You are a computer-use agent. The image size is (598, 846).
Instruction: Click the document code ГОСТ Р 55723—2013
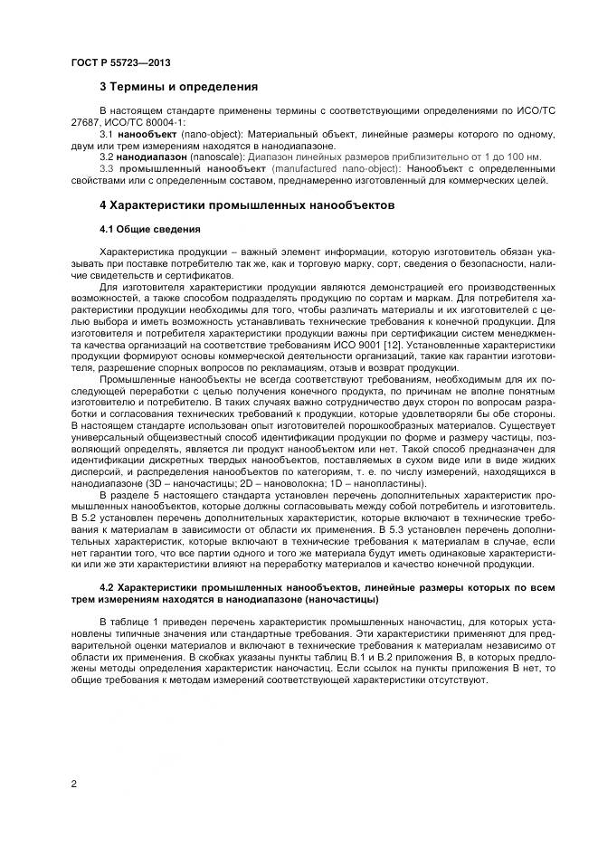coord(120,62)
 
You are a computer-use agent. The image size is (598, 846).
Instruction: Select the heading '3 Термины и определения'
coord(178,88)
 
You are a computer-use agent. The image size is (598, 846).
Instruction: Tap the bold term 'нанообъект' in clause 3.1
coord(147,134)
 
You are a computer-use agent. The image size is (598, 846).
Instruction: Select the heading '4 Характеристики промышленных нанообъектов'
coord(246,205)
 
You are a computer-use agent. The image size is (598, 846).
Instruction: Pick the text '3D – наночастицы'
coord(166,483)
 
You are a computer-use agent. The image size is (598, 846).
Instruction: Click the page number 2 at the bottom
coord(73,784)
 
